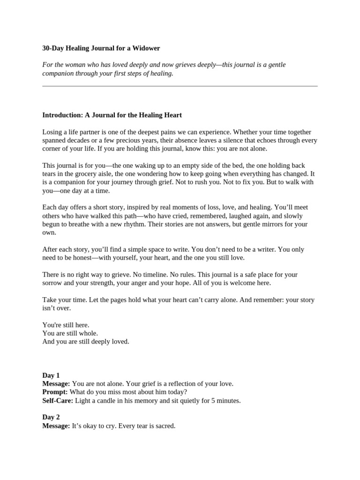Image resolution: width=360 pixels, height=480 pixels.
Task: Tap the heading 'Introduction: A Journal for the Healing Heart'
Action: click(x=112, y=115)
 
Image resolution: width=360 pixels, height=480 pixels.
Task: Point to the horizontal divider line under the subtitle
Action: click(x=180, y=86)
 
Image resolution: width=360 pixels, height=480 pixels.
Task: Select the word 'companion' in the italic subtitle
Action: click(x=57, y=74)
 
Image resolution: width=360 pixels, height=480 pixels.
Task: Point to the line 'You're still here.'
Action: click(x=66, y=325)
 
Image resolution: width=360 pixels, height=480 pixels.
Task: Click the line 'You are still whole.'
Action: click(x=70, y=333)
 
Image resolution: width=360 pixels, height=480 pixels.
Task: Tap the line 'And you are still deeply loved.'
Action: click(x=86, y=342)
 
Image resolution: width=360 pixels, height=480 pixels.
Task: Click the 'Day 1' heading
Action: click(x=51, y=375)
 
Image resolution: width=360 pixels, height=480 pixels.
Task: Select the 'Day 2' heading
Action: click(x=51, y=417)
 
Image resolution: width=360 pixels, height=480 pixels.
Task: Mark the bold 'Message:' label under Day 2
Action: click(x=56, y=426)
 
